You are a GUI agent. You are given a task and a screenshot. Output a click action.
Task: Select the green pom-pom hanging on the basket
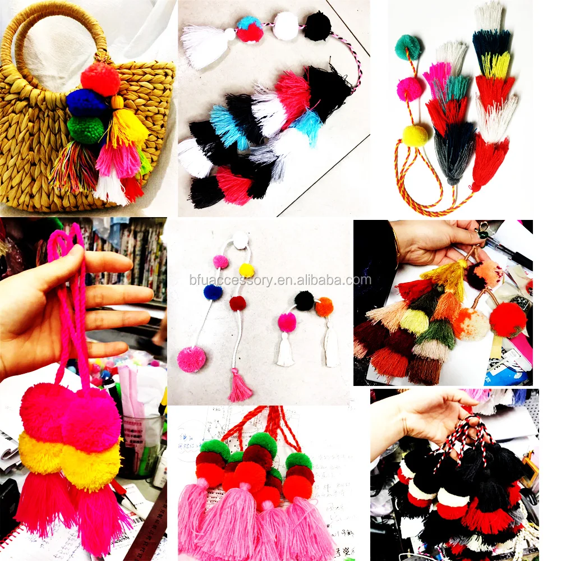86,129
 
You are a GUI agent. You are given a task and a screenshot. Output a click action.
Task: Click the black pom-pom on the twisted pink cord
318,26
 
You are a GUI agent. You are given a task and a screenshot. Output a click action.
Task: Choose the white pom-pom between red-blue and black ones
286,26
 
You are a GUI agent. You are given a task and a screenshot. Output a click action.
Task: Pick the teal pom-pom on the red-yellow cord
408,47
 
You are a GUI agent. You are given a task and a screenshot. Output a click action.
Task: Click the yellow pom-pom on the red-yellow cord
415,135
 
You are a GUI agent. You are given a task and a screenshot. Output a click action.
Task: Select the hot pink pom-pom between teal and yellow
410,89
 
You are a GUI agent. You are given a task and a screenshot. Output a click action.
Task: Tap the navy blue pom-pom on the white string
213,292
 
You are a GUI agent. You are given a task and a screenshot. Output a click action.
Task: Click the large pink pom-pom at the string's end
192,359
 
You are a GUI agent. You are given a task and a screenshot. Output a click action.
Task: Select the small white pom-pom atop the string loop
241,240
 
